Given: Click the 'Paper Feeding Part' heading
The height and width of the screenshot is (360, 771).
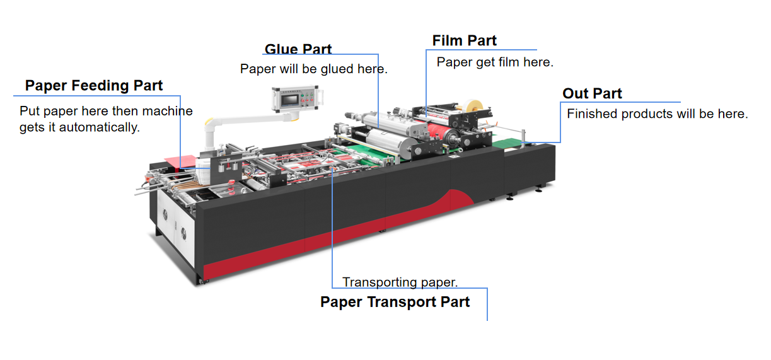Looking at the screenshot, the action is coord(94,85).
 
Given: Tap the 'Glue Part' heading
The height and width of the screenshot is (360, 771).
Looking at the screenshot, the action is coord(298,49).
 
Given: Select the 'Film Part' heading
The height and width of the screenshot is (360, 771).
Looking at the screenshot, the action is coord(465,40).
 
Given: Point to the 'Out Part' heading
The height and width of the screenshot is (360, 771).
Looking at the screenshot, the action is coord(592,93).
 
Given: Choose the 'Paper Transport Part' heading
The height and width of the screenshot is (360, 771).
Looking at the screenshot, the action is coord(395,302).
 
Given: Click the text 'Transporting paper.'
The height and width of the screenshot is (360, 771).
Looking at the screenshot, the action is coord(400,282).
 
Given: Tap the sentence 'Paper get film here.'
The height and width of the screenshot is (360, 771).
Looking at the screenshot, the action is coord(495,62).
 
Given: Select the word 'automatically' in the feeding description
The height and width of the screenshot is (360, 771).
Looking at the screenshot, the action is coord(98,127).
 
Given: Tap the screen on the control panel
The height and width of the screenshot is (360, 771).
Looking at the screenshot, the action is coord(290,100).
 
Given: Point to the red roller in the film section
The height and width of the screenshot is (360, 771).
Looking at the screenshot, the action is coord(438,132).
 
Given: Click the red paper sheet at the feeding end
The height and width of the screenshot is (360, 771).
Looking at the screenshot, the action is coord(180,161).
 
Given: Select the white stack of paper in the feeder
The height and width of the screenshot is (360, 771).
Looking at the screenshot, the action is coord(203,170).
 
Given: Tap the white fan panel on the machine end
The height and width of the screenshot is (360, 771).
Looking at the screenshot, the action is coord(175,224).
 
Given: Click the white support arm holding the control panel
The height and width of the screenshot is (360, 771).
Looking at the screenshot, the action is coord(241,125).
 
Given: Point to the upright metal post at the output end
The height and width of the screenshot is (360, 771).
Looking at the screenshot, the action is coord(523,138).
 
